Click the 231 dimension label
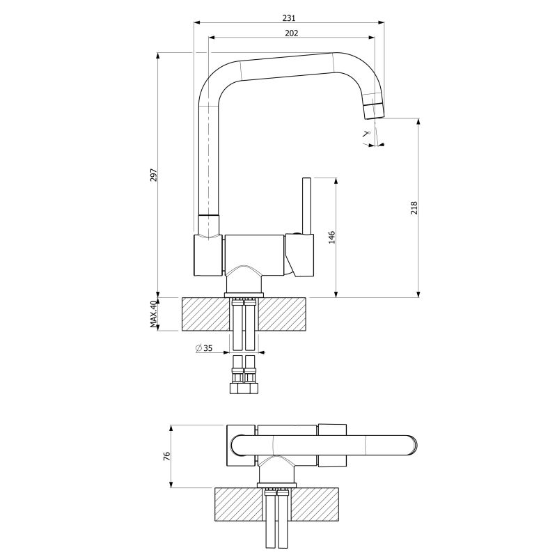point(289,17)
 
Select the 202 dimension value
point(292,33)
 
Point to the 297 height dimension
point(153,175)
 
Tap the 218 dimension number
point(414,207)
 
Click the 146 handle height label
point(332,237)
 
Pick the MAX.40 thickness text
point(153,314)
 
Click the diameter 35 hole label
point(204,347)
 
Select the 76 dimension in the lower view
point(167,457)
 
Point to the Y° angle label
point(366,134)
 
